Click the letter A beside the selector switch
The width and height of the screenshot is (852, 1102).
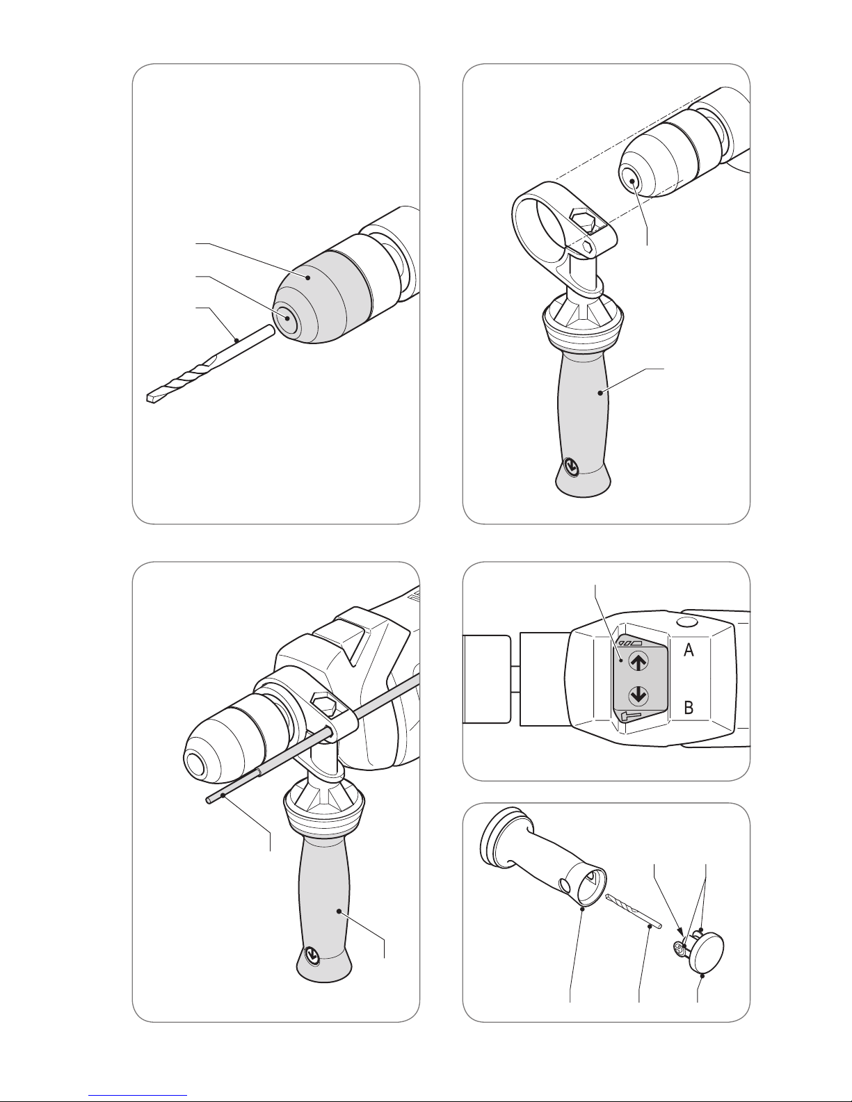point(688,649)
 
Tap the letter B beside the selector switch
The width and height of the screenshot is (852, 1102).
point(688,708)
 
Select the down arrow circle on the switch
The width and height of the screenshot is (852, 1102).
point(638,695)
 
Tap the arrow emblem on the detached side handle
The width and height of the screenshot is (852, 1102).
point(572,466)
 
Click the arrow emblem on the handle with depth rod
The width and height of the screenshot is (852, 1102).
point(313,955)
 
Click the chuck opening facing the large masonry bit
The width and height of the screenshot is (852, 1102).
point(287,318)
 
